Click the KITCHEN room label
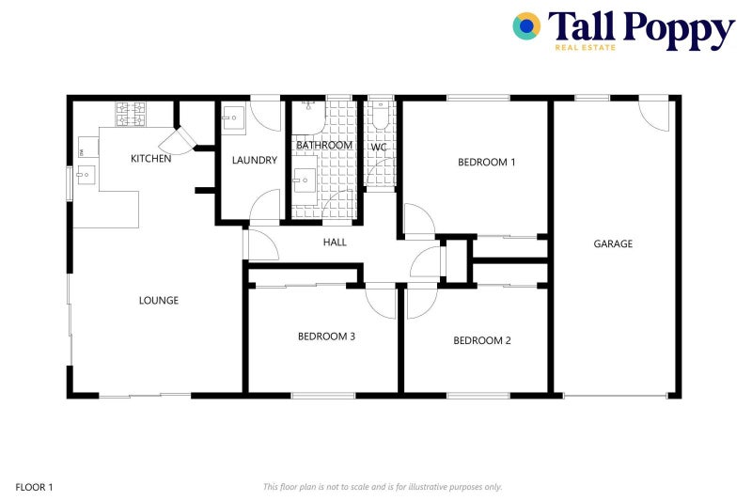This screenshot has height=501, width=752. (150, 159)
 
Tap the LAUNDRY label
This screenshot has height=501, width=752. (255, 160)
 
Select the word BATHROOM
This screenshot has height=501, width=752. (324, 146)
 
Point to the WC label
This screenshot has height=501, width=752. (379, 148)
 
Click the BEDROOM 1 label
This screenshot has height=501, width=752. (486, 162)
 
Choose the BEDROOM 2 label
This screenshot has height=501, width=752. (481, 340)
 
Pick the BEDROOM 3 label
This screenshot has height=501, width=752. (326, 336)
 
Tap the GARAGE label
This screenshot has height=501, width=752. (613, 243)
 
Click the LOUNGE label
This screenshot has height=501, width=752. (159, 301)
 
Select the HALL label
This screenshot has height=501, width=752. (335, 243)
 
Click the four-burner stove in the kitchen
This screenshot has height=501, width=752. (131, 114)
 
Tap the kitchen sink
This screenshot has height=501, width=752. (86, 175)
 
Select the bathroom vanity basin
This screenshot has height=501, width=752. (304, 181)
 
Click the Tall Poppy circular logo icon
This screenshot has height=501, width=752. (526, 26)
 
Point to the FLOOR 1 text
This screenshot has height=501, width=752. (35, 487)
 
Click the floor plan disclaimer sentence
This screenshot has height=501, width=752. (383, 487)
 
